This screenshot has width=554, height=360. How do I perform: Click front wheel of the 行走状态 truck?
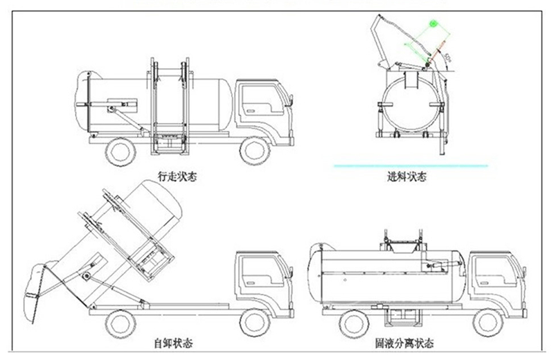[256, 149]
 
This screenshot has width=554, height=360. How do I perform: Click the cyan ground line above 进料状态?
[410, 165]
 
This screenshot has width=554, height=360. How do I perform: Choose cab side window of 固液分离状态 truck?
[493, 270]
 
